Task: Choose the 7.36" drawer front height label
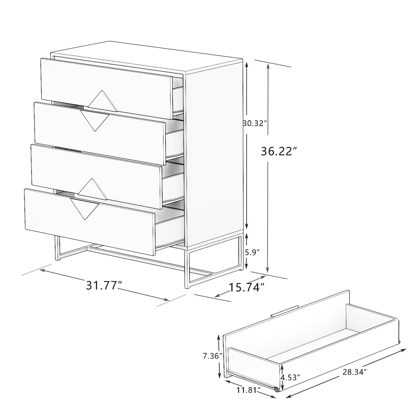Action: pyautogui.click(x=212, y=356)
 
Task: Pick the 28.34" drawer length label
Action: pyautogui.click(x=354, y=372)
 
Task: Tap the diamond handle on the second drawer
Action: pyautogui.click(x=94, y=121)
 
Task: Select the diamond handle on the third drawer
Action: pyautogui.click(x=92, y=189)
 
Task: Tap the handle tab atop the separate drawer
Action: pyautogui.click(x=284, y=313)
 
